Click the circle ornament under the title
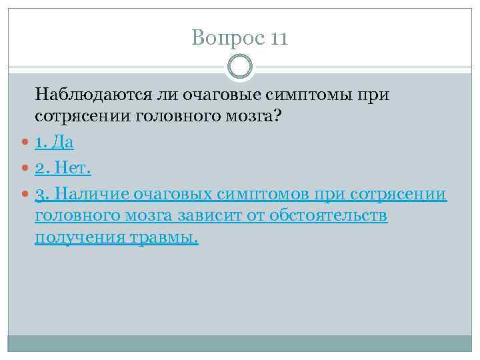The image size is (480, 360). point(240,67)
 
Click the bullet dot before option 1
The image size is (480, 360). point(25,143)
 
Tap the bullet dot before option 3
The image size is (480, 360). point(25,195)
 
